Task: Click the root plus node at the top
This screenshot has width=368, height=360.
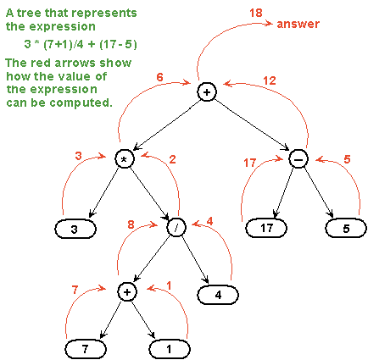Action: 207,91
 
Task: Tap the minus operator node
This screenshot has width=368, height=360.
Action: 298,159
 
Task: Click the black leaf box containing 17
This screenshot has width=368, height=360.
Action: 266,228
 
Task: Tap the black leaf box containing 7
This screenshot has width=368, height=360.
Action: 85,348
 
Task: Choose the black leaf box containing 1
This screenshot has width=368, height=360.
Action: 170,348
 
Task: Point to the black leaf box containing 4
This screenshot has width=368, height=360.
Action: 218,296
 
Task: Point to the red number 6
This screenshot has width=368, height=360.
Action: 159,76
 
